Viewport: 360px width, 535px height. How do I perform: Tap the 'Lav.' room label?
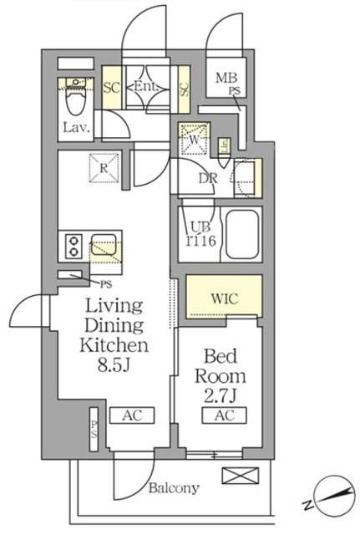click(74, 129)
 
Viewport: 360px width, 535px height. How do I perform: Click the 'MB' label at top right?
click(225, 79)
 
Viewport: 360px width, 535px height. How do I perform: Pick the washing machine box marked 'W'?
click(194, 137)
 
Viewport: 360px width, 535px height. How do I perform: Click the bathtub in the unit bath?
click(242, 232)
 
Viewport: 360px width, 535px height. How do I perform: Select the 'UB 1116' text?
click(196, 232)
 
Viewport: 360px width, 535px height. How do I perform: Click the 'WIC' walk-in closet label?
click(222, 297)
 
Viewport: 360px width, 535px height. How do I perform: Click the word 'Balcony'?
click(174, 489)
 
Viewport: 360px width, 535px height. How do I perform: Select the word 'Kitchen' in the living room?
click(114, 344)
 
